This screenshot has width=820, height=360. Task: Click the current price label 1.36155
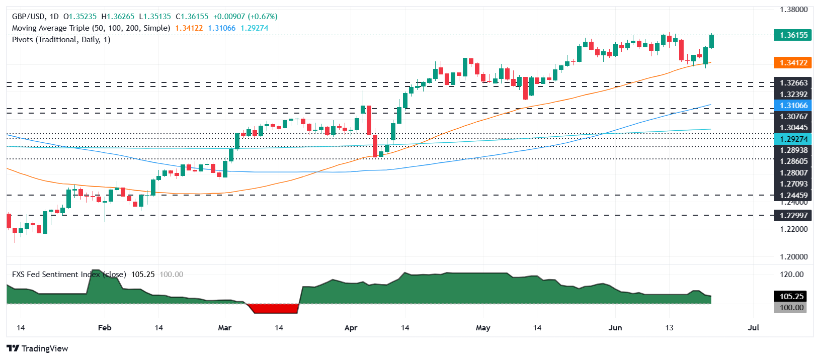pos(793,35)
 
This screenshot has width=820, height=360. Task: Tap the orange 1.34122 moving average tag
pos(793,63)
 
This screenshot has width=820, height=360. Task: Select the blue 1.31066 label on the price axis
pos(793,106)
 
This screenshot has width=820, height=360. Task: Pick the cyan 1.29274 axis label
pos(793,139)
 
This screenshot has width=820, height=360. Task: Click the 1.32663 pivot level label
pos(793,83)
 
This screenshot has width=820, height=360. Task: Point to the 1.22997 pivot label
pos(793,216)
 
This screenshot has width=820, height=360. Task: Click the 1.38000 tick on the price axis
pos(793,10)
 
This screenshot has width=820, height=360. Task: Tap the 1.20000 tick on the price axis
pos(793,257)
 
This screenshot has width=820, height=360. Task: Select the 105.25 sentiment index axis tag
pos(791,297)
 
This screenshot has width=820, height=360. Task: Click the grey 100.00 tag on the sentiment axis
pos(791,308)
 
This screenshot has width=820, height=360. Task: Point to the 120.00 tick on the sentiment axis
pos(791,275)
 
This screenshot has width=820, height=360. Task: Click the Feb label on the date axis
pos(105,328)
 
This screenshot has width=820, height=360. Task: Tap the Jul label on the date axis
pos(753,328)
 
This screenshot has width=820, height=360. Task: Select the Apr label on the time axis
pos(351,328)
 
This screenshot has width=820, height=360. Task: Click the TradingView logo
pos(38,348)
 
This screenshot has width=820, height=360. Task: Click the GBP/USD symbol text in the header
pos(28,17)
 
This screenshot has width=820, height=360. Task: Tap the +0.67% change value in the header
pos(262,17)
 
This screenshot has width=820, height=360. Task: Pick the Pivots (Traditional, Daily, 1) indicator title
pos(61,40)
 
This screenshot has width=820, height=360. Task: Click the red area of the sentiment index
pos(274,308)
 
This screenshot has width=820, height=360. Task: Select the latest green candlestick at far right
pos(712,41)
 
